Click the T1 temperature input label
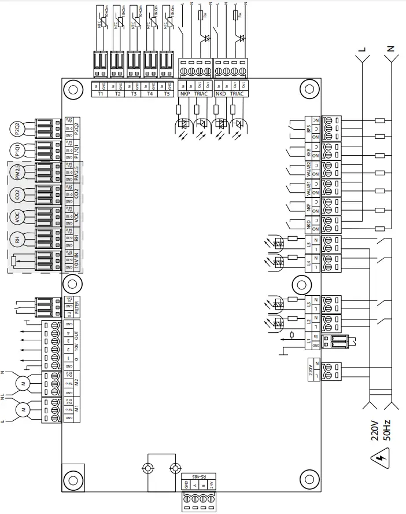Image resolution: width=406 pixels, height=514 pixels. (100, 94)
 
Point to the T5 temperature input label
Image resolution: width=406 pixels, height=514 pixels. (167, 94)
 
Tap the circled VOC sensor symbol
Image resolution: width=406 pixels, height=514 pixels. (17, 218)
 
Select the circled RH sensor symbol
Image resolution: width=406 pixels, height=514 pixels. (17, 240)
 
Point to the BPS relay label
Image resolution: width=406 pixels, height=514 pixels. (309, 128)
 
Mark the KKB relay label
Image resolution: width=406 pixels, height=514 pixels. (309, 153)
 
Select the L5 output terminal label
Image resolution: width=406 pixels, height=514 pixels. (309, 244)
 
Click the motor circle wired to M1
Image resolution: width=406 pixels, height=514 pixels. (24, 409)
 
